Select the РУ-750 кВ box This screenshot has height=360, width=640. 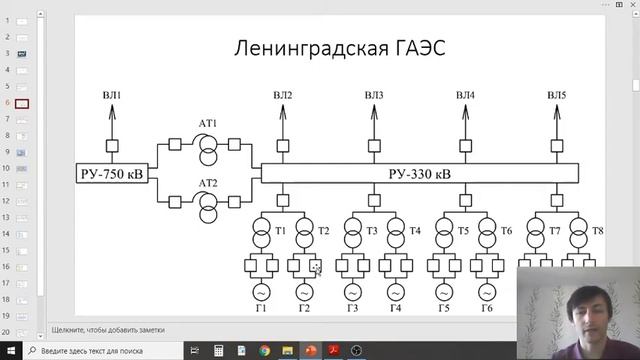pyautogui.click(x=111, y=174)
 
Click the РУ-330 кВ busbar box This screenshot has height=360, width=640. pyautogui.click(x=419, y=174)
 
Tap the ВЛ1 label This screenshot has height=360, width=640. pyautogui.click(x=111, y=96)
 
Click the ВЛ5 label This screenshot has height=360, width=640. pyautogui.click(x=557, y=96)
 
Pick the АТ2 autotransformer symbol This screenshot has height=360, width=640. pyautogui.click(x=208, y=203)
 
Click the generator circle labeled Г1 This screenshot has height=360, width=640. pyautogui.click(x=260, y=292)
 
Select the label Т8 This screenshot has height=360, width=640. pyautogui.click(x=597, y=231)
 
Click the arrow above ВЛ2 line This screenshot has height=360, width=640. pyautogui.click(x=283, y=112)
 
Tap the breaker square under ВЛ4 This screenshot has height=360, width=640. pyautogui.click(x=465, y=146)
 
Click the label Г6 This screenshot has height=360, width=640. pyautogui.click(x=487, y=308)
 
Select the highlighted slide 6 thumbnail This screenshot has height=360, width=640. pyautogui.click(x=22, y=103)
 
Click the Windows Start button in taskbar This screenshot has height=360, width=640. pyautogui.click(x=8, y=351)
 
